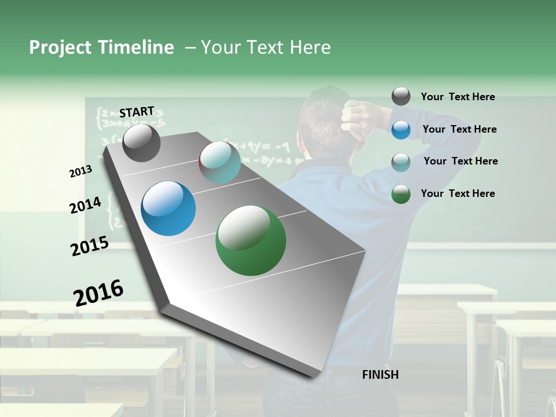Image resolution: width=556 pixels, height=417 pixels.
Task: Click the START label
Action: click(x=137, y=111)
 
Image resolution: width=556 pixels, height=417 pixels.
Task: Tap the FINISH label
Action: click(x=380, y=375)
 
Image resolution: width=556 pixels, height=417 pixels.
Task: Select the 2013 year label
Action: click(x=81, y=171)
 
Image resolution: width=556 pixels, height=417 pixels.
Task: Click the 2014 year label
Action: click(x=85, y=205)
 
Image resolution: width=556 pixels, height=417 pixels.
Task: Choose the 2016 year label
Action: click(x=98, y=292)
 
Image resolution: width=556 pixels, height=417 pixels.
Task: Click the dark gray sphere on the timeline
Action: click(x=141, y=142)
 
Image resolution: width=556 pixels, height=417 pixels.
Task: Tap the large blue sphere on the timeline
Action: click(x=169, y=209)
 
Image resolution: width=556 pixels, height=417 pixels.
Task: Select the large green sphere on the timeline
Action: click(x=251, y=240)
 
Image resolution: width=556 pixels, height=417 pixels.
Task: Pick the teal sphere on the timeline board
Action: click(x=220, y=162)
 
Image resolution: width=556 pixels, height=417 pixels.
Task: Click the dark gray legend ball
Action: click(x=401, y=97)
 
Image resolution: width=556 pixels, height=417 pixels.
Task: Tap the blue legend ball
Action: click(x=401, y=130)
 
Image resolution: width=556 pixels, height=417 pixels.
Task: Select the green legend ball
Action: click(x=401, y=194)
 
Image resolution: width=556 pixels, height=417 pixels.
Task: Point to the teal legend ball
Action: click(x=401, y=162)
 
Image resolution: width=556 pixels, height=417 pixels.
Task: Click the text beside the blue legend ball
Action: click(x=459, y=129)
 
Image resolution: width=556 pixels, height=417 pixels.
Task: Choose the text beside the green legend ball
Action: click(x=458, y=193)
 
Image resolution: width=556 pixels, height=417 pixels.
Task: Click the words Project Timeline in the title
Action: click(x=101, y=47)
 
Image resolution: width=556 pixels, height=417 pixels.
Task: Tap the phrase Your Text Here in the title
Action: click(x=265, y=47)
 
